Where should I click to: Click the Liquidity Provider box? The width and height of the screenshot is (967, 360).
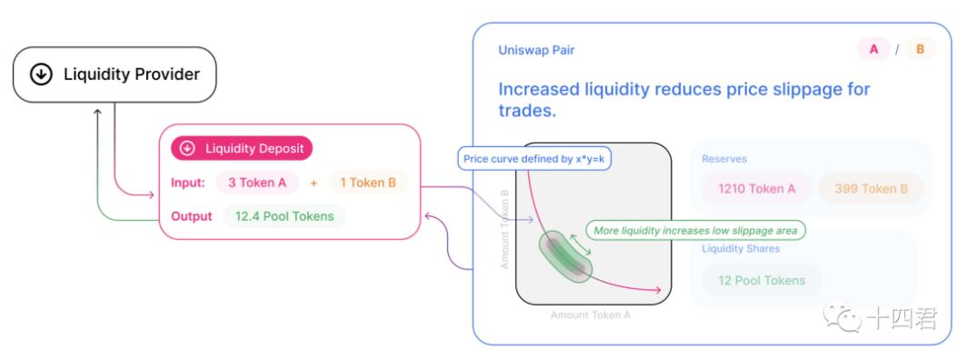tap(115, 75)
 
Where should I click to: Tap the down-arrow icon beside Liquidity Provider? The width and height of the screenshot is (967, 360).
tap(41, 75)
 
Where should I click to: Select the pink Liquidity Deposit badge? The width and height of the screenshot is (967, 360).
tap(242, 148)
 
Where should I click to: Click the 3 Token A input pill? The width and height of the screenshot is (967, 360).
tap(257, 183)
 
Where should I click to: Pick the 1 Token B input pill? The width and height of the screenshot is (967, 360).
tap(367, 183)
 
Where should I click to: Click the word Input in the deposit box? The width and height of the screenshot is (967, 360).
tap(188, 183)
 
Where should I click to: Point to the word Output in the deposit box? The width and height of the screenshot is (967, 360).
tap(192, 216)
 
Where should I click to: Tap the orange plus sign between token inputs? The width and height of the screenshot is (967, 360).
tap(314, 183)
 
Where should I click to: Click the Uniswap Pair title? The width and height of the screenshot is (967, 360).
tap(536, 50)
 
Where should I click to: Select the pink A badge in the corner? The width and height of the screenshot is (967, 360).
tap(874, 49)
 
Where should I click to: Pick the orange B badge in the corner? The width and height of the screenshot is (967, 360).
tap(920, 49)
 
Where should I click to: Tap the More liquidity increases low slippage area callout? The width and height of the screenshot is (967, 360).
tap(695, 231)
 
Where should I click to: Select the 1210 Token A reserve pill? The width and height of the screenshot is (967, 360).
tap(757, 188)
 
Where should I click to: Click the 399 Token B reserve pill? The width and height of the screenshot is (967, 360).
tap(872, 188)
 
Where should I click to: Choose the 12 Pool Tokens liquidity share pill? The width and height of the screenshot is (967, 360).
tap(762, 281)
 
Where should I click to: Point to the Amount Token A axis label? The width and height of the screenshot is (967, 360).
tap(591, 315)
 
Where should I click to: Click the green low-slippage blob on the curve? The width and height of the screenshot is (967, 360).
tap(565, 257)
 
